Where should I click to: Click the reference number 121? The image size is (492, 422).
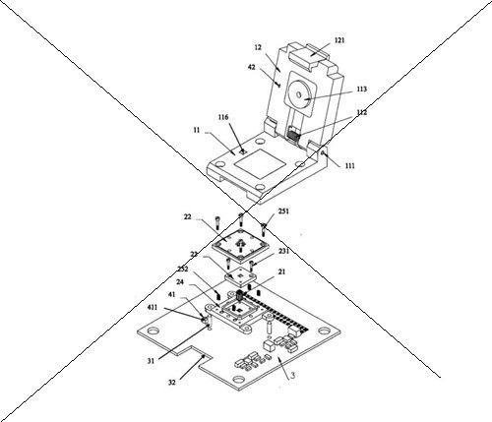tap(339, 40)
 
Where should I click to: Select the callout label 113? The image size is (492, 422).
tap(361, 90)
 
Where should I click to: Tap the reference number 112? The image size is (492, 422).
tap(361, 112)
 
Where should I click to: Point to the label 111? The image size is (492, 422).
tap(350, 166)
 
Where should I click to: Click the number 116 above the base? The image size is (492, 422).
tap(223, 117)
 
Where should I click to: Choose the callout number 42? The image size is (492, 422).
tap(251, 67)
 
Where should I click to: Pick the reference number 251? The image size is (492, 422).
tap(283, 211)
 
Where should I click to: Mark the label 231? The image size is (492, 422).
tap(283, 252)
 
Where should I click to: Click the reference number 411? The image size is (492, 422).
tap(152, 307)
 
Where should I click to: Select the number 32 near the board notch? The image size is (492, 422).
tap(172, 382)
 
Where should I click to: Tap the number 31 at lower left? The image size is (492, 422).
tap(151, 361)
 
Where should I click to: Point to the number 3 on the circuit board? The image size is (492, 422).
tap(293, 375)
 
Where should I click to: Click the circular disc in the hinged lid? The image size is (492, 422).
tap(298, 95)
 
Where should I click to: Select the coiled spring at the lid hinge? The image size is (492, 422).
tap(293, 135)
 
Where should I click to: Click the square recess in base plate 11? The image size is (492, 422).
tap(260, 163)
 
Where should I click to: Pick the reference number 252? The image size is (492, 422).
tap(183, 269)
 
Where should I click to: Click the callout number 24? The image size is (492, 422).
tap(180, 282)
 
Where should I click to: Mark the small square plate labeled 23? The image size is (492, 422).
tap(241, 277)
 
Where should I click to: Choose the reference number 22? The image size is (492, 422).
tap(187, 216)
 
